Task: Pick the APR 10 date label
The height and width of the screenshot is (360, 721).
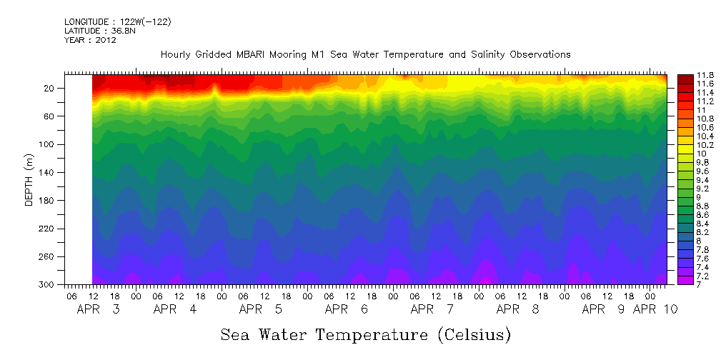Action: pyautogui.click(x=655, y=309)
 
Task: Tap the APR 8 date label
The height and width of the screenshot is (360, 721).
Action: pyautogui.click(x=518, y=309)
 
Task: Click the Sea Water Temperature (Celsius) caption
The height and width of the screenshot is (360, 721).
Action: pyautogui.click(x=366, y=334)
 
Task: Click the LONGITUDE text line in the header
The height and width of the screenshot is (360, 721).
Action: pyautogui.click(x=117, y=22)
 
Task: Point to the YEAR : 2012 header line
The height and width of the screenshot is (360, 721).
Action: pyautogui.click(x=89, y=40)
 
